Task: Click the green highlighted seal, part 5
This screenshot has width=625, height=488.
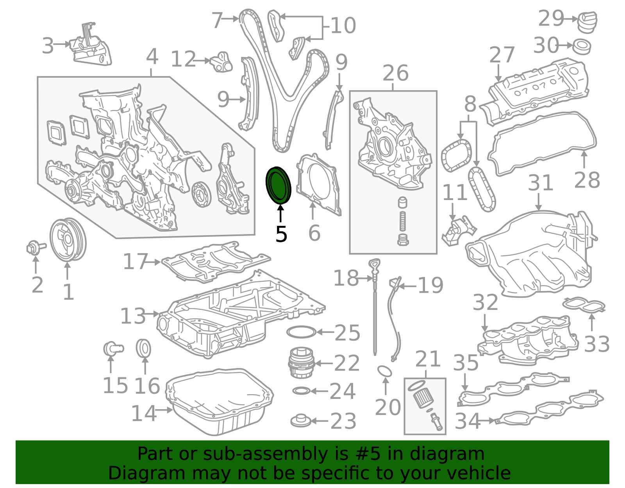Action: pyautogui.click(x=278, y=186)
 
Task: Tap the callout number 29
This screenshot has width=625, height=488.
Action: pyautogui.click(x=550, y=18)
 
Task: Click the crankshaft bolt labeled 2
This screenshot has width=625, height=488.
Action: pyautogui.click(x=36, y=248)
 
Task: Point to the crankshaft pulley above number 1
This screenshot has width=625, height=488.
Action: pyautogui.click(x=68, y=240)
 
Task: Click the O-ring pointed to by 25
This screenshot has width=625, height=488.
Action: pyautogui.click(x=301, y=332)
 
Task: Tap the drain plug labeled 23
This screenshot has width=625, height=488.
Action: pyautogui.click(x=301, y=420)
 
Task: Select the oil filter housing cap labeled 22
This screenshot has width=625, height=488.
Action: pyautogui.click(x=301, y=363)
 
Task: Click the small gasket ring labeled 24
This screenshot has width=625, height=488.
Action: pyautogui.click(x=302, y=391)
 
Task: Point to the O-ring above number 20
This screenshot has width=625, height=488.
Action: pyautogui.click(x=385, y=371)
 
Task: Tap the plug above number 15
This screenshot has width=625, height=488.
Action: pyautogui.click(x=113, y=349)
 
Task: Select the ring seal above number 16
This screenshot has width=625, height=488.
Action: pyautogui.click(x=143, y=348)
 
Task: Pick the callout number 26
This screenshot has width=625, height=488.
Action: pyautogui.click(x=395, y=73)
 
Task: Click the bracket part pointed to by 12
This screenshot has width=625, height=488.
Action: pyautogui.click(x=221, y=63)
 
